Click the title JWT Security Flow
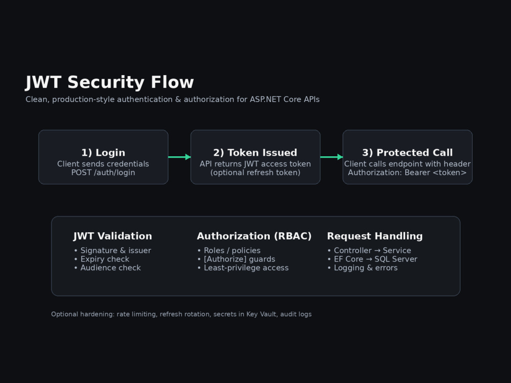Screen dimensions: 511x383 pyautogui.click(x=109, y=82)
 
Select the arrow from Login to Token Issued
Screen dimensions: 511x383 pyautogui.click(x=179, y=157)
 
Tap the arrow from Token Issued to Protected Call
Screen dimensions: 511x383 pyautogui.click(x=332, y=157)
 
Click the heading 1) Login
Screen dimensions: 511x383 pyautogui.click(x=103, y=152)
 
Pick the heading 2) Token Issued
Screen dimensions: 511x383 pyautogui.click(x=255, y=152)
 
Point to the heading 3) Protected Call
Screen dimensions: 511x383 pyautogui.click(x=407, y=152)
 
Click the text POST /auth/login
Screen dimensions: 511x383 pyautogui.click(x=103, y=173)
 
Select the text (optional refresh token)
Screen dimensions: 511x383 pyautogui.click(x=255, y=173)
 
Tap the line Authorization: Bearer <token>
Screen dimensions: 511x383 pyautogui.click(x=407, y=173)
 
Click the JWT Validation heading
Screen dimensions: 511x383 pyautogui.click(x=112, y=236)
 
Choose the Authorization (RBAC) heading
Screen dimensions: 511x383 pyautogui.click(x=254, y=236)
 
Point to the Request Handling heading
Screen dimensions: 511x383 pyautogui.click(x=375, y=236)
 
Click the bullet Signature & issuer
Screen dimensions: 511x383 pyautogui.click(x=112, y=250)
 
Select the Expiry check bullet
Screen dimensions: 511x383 pyautogui.click(x=102, y=259)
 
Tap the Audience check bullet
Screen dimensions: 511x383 pyautogui.click(x=107, y=268)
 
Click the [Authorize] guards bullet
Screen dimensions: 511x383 pyautogui.click(x=236, y=259)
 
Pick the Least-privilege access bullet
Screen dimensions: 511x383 pyautogui.click(x=243, y=268)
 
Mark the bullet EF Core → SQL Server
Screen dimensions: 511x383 pyautogui.click(x=372, y=259)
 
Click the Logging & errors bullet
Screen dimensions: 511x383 pyautogui.click(x=362, y=268)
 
